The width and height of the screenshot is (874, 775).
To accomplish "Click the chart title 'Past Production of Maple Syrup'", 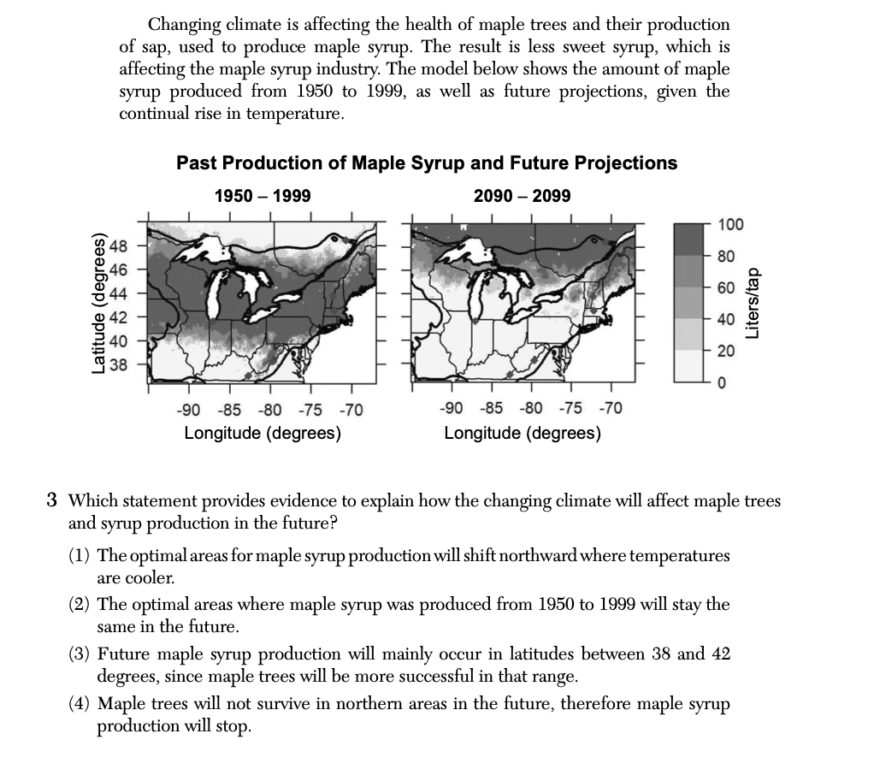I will point(426,163).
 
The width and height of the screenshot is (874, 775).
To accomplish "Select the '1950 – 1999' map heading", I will point(262,196).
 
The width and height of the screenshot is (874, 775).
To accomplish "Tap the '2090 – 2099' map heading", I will point(522,196).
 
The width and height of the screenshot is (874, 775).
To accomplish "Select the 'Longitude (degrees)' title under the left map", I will point(263,433).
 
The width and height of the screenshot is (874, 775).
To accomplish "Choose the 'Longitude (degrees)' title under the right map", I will point(522,433).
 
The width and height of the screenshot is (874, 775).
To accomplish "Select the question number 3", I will point(52,500).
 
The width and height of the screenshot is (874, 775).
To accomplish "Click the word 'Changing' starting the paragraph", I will point(184,25).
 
